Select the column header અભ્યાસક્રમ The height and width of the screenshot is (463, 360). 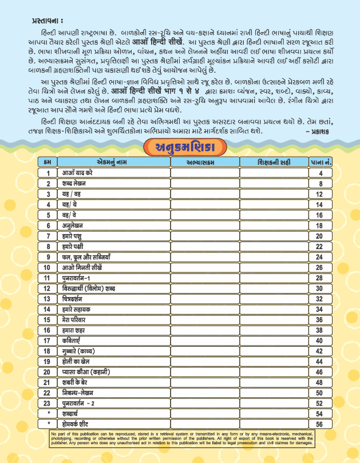pos(204,163)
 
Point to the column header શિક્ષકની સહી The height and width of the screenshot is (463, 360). pos(274,163)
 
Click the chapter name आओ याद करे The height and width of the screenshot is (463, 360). pos(78,173)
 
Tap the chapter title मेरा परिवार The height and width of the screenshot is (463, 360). pos(74,320)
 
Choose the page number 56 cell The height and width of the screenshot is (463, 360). pos(320,425)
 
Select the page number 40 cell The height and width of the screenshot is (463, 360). pos(320,341)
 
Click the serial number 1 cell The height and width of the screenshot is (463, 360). pos(48,173)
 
